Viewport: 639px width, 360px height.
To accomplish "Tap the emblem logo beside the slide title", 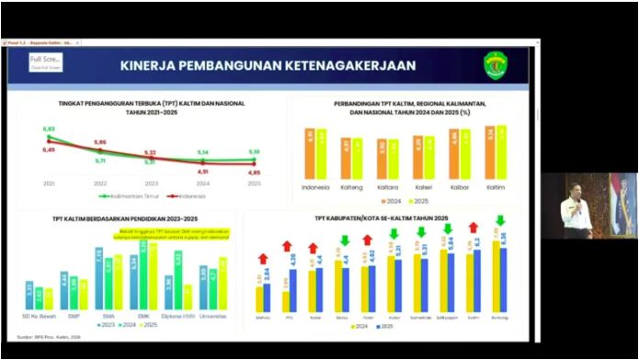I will coord(496,64).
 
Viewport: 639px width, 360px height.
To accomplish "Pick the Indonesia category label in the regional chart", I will coord(316,187).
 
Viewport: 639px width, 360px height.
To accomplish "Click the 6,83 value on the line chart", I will coord(49,129).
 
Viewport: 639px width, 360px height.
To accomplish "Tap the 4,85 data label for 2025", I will coord(253,173).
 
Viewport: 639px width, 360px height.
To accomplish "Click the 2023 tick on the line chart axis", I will coord(151,184).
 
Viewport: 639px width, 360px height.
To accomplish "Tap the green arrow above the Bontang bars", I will coord(500,220).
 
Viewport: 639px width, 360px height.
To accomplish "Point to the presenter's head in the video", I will coord(575,183).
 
